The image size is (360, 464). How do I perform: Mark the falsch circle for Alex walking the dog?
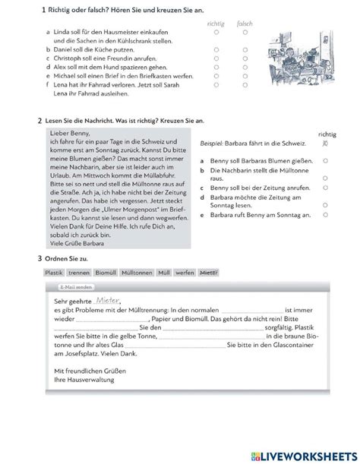coord(245,68)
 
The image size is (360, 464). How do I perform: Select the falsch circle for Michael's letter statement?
coord(245,77)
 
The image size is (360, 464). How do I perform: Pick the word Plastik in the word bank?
coord(53,272)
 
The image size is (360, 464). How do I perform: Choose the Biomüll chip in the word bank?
coord(104,272)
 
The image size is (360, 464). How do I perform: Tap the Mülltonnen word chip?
coord(135,272)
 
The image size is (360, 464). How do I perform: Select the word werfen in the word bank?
coord(184,272)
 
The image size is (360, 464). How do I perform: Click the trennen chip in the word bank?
coord(78,272)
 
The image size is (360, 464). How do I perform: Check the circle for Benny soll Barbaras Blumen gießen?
coord(325,161)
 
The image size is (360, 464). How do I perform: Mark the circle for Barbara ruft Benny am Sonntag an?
coord(325,215)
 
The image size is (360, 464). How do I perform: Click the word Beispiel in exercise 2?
coord(212,143)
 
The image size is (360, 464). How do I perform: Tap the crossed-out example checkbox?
coord(325,143)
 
